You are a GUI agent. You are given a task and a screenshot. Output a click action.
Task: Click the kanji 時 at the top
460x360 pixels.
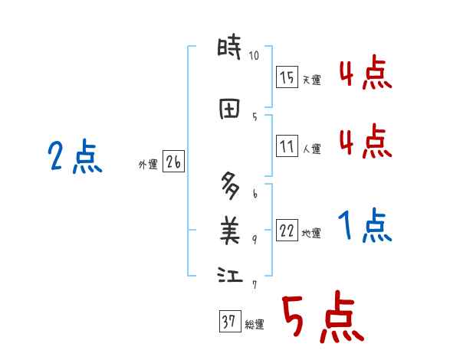(229, 51)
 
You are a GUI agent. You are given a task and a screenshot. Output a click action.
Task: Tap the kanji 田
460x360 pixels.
(229, 110)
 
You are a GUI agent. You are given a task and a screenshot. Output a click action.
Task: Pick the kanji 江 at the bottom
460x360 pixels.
(229, 274)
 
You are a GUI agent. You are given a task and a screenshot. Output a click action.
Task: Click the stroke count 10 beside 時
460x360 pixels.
(255, 55)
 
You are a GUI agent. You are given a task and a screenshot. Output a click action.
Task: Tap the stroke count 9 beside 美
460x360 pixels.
(255, 239)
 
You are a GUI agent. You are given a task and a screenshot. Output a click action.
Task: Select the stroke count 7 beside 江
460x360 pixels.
(255, 284)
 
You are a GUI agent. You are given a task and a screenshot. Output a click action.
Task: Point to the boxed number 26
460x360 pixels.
(174, 162)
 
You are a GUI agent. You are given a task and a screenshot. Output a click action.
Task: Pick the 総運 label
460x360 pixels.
(255, 326)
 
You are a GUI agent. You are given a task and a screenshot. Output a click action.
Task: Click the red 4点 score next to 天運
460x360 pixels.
(366, 74)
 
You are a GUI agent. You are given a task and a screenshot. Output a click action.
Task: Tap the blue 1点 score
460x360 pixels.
(366, 227)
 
